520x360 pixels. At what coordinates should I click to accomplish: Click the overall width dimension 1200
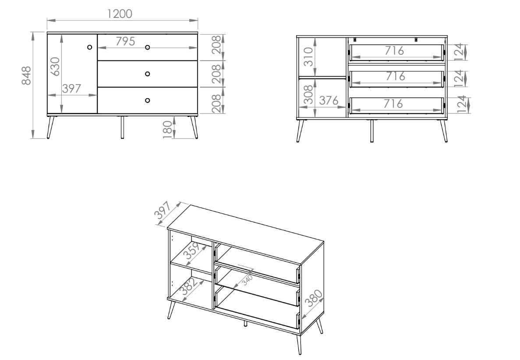pos(120,14)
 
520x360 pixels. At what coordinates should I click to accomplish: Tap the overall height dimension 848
pos(26,75)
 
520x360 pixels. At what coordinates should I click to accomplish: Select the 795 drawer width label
pos(125,42)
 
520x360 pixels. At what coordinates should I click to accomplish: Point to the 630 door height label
pos(55,66)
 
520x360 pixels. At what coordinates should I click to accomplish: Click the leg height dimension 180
pos(168,129)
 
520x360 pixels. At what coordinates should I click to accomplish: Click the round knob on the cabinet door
pos(89,47)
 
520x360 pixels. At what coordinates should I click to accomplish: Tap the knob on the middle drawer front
pos(148,74)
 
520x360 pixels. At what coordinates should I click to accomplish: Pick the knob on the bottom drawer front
pos(148,100)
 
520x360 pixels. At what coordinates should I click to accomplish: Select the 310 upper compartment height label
pos(308,56)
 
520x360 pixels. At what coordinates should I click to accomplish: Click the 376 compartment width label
pos(329,100)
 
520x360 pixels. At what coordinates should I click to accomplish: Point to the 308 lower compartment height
pos(308,95)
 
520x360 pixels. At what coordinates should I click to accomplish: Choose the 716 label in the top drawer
pos(394,51)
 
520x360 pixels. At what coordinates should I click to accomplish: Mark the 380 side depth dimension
pos(313,298)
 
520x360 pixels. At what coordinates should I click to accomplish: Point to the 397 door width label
pos(72,88)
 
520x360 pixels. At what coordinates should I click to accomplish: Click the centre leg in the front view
pos(122,127)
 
